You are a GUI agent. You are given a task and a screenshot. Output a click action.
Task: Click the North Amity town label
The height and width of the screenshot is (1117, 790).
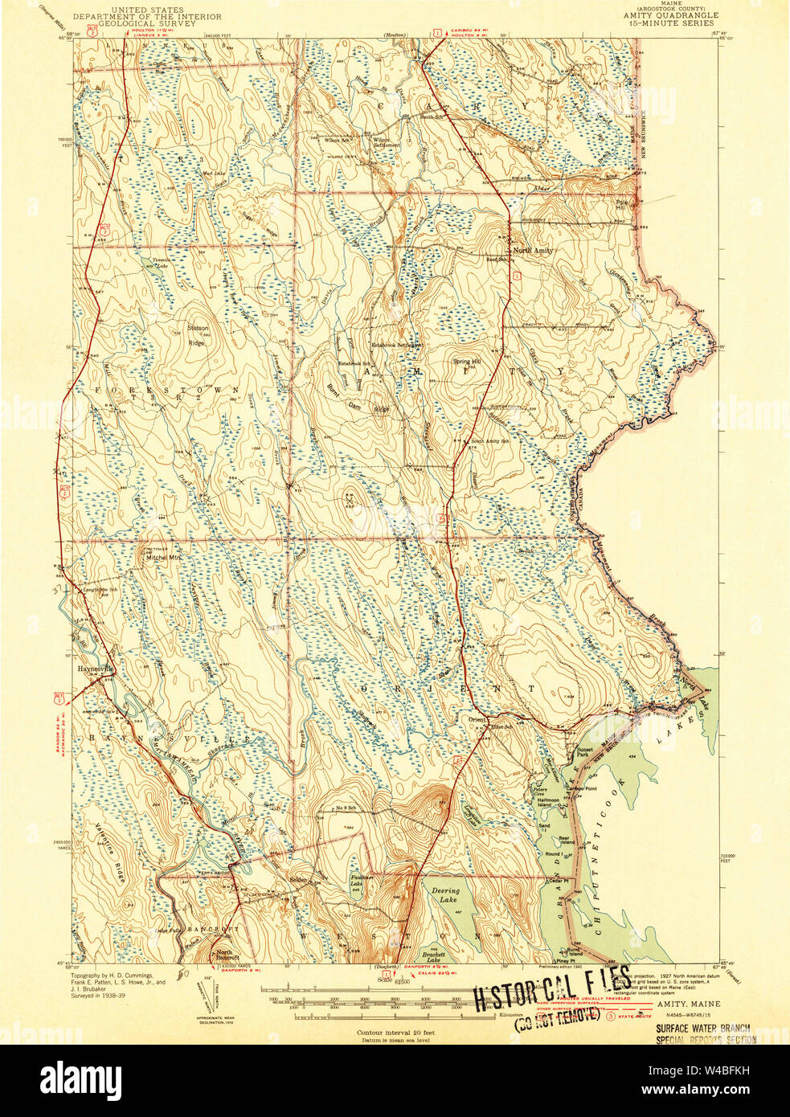[533, 251]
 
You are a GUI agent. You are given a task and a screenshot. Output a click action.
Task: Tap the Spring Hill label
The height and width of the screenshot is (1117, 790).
[466, 362]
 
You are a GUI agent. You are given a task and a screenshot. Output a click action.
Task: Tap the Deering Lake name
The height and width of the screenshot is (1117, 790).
[445, 895]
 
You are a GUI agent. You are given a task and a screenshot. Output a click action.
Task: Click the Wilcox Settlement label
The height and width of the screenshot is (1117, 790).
[381, 142]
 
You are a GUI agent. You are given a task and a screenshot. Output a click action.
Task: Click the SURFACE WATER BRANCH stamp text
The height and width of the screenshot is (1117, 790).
[703, 1027]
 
